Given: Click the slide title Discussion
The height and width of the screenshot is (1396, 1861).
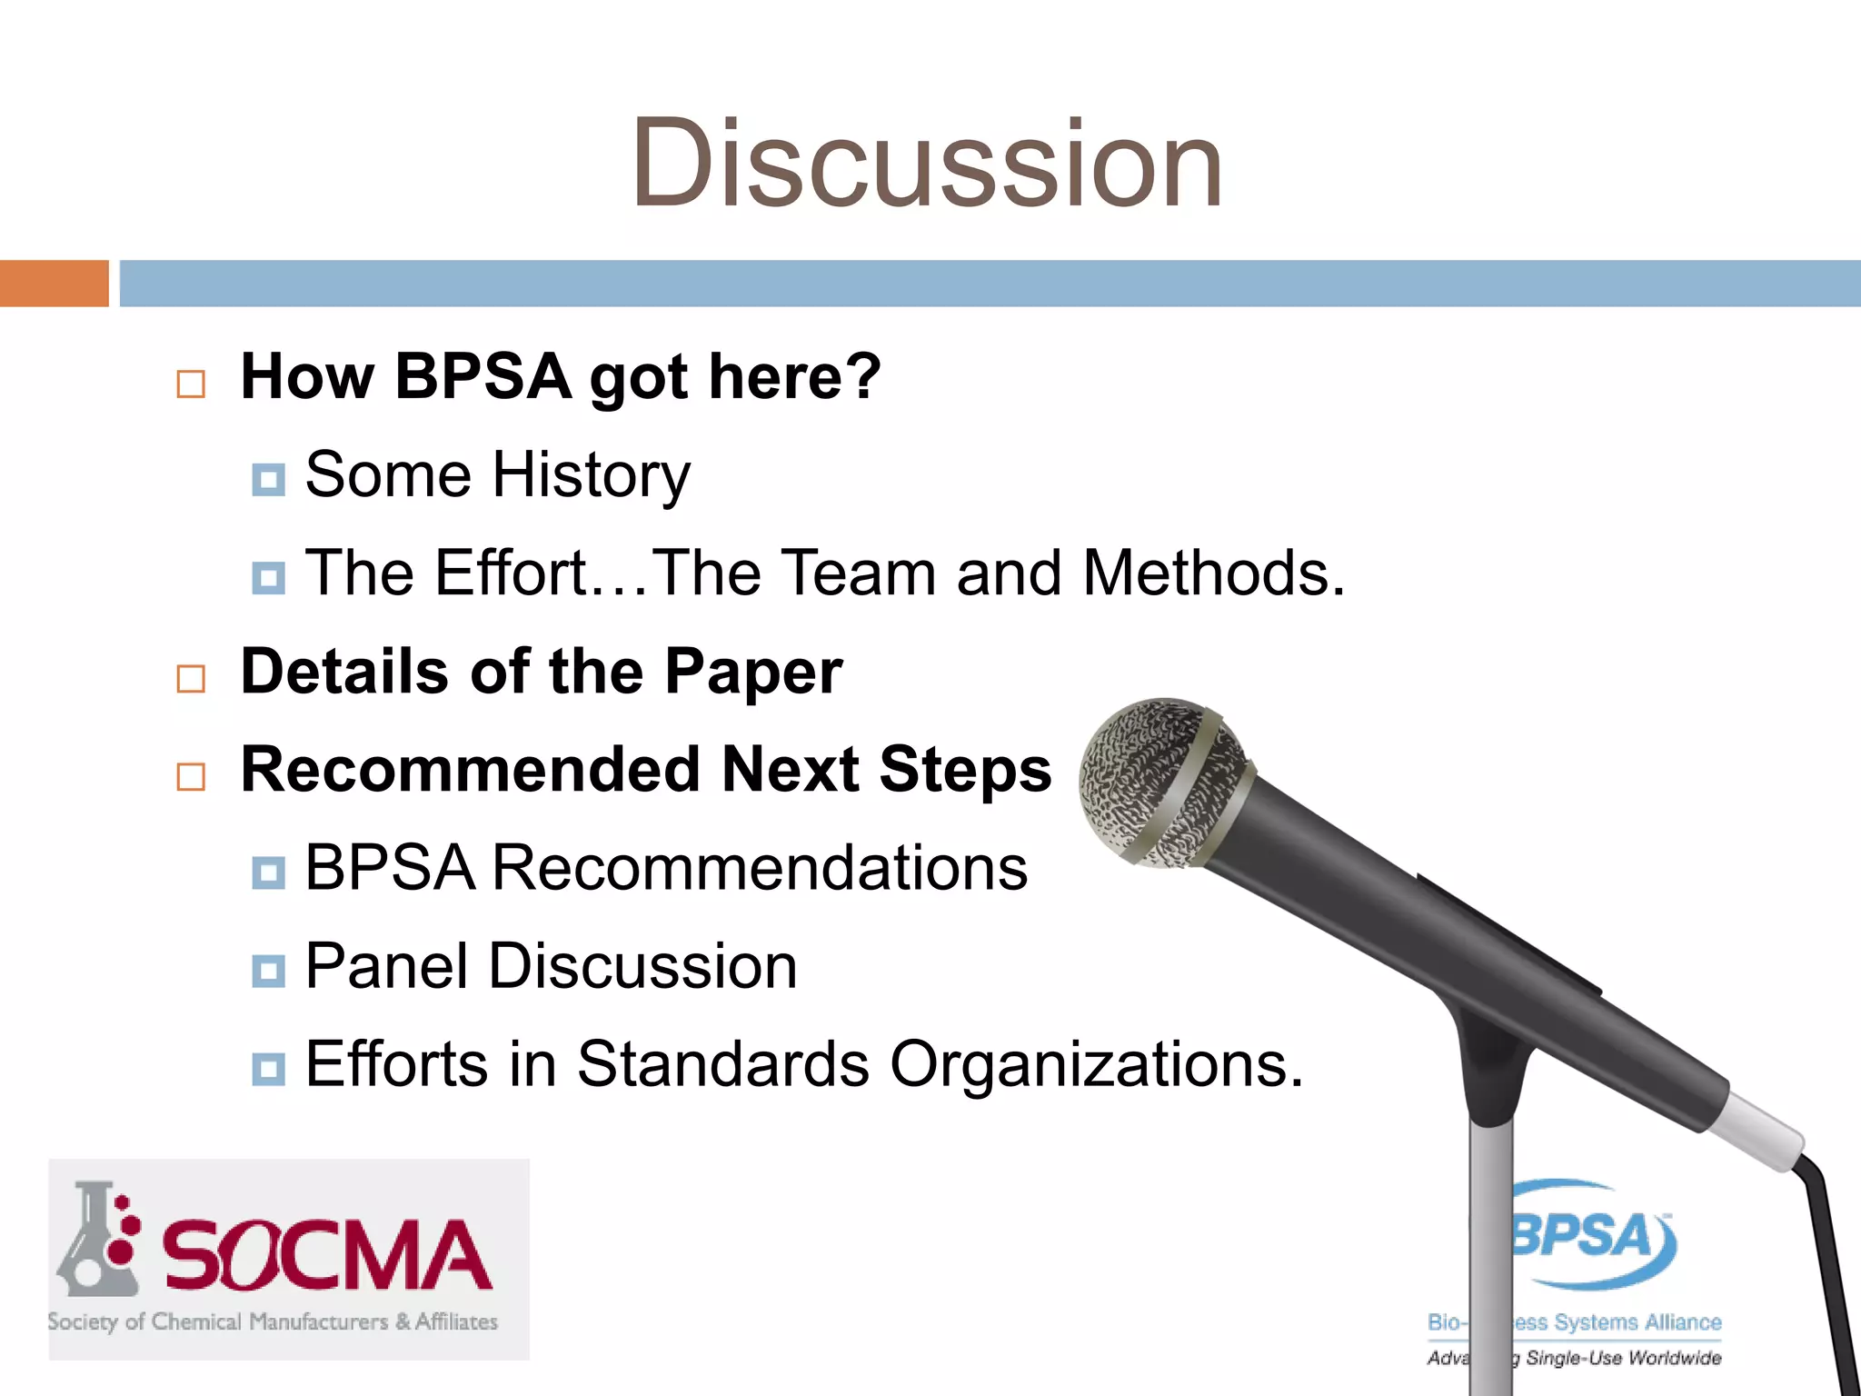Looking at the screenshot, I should (x=927, y=165).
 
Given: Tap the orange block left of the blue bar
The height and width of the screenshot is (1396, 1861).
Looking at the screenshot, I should (x=54, y=284).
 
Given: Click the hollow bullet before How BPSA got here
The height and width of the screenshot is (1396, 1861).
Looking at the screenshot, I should (x=191, y=384).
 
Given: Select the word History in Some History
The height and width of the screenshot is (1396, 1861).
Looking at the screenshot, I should (x=591, y=475).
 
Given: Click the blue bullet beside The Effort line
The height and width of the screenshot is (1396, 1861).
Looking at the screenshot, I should (x=268, y=577).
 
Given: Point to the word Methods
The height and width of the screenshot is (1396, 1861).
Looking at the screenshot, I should (x=1213, y=573).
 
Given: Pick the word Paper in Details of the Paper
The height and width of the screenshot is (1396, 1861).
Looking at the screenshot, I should (x=752, y=673).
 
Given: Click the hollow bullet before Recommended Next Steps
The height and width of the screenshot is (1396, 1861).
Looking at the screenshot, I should (x=191, y=776).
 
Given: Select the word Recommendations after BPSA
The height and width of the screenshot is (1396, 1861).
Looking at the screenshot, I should (x=759, y=868).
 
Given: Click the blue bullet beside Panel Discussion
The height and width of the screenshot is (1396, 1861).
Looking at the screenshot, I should (x=268, y=971).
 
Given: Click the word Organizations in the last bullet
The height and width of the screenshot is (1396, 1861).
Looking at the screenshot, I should (x=1096, y=1064).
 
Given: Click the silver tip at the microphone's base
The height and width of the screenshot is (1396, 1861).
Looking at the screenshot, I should (x=1758, y=1132).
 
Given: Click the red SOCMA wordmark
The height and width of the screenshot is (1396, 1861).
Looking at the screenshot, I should (x=327, y=1256).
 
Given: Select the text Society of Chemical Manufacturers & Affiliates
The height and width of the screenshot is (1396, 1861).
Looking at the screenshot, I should (x=273, y=1322).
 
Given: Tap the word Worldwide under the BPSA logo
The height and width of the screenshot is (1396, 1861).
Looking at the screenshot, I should (x=1675, y=1358).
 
